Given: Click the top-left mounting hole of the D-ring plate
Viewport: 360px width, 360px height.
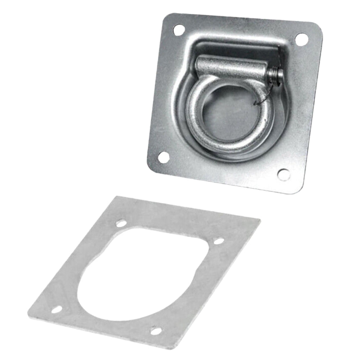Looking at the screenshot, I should tap(179, 30).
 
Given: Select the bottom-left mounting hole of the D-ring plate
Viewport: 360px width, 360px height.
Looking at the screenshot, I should tap(163, 157).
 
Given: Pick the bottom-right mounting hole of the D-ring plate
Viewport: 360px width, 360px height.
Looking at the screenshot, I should tap(283, 175).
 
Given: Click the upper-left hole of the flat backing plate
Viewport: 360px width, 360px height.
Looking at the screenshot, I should tap(121, 224).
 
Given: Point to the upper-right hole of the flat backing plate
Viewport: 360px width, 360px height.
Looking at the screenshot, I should tap(218, 241).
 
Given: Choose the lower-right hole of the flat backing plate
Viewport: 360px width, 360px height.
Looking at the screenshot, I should tap(156, 330).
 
